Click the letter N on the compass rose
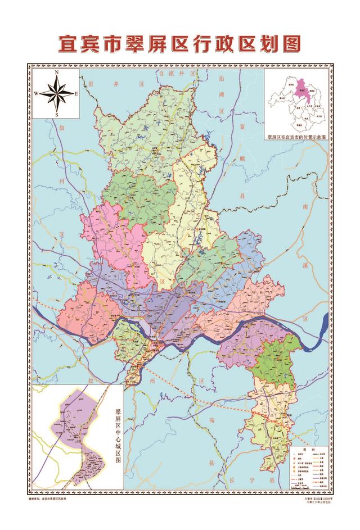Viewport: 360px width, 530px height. pyautogui.click(x=57, y=73)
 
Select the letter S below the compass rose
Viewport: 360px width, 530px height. pyautogui.click(x=57, y=114)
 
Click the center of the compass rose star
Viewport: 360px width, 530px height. pyautogui.click(x=57, y=94)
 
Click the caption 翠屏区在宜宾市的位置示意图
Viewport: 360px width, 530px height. pyautogui.click(x=296, y=137)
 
